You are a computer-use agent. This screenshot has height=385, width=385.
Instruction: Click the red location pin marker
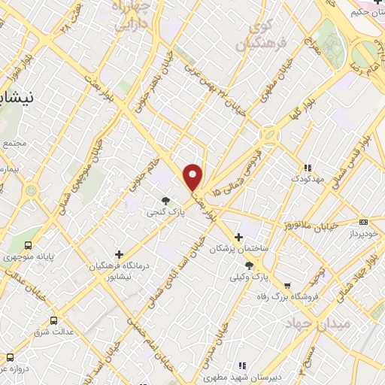pyautogui.click(x=193, y=176)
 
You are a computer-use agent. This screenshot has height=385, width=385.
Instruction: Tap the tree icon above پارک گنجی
pyautogui.click(x=166, y=200)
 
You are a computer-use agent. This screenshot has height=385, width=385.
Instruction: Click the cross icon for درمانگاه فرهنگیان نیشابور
pyautogui.click(x=119, y=255)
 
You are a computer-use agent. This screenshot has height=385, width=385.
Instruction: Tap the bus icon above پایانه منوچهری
pyautogui.click(x=29, y=246)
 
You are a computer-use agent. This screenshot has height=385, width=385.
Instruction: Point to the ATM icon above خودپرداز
pyautogui.click(x=363, y=222)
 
